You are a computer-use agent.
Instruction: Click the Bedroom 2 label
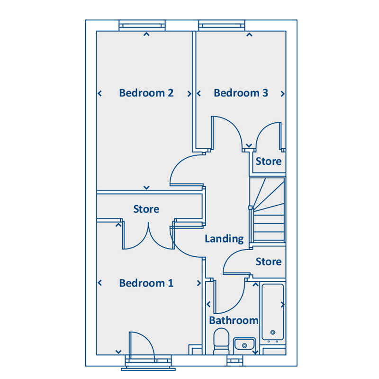(x=146, y=93)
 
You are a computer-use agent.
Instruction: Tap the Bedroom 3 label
(x=241, y=93)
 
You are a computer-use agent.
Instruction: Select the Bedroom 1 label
(x=146, y=283)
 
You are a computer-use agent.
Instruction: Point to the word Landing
(x=224, y=239)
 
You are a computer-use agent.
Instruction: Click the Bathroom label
(x=234, y=321)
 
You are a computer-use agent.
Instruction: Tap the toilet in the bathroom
(x=221, y=341)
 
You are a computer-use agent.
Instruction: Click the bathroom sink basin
(x=244, y=344)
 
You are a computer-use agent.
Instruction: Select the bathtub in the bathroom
(x=273, y=312)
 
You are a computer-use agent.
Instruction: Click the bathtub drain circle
(x=273, y=333)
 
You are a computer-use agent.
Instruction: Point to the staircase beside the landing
(x=268, y=210)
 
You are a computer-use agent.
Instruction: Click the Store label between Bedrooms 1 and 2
(x=146, y=209)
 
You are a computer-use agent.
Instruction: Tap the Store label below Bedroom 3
(x=269, y=162)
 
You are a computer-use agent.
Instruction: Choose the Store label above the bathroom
(x=269, y=262)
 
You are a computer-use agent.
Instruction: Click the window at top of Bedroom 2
(x=142, y=26)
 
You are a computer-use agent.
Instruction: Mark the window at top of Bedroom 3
(x=222, y=26)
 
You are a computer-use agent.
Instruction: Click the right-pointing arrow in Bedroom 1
(x=199, y=283)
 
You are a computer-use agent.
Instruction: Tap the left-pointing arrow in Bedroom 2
(x=99, y=93)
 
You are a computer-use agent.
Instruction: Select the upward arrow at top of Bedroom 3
(x=249, y=35)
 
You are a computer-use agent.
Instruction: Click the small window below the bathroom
(x=235, y=361)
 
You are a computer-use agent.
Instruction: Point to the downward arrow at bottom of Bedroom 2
(x=146, y=188)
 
